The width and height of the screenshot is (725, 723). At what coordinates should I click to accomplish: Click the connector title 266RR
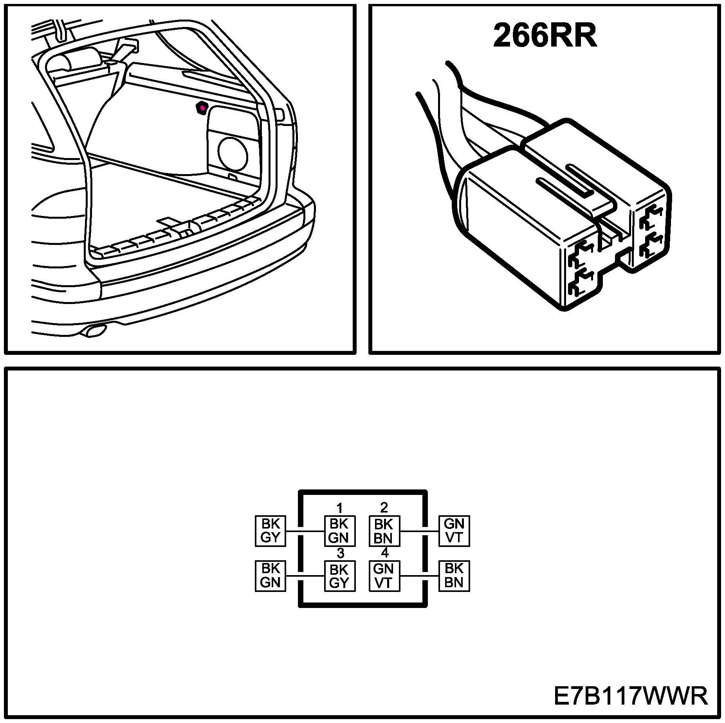(545, 36)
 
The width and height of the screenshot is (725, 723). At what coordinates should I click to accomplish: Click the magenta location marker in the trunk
(202, 107)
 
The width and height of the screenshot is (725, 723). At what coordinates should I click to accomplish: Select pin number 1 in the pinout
(339, 508)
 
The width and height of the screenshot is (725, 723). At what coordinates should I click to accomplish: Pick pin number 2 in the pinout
(384, 507)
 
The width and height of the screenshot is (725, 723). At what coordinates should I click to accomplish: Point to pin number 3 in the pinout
(340, 553)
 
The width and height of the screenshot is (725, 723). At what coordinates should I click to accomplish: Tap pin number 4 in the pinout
(385, 553)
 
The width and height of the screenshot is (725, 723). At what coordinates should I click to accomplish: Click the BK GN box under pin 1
(339, 531)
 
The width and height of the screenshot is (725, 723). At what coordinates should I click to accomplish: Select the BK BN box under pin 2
(384, 531)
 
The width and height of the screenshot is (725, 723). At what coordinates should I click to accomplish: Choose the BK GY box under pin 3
(339, 576)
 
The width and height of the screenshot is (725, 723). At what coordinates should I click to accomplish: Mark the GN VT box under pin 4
(384, 576)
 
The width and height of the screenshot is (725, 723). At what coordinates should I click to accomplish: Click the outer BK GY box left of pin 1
(270, 531)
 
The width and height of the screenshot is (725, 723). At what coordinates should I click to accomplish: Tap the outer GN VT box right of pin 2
(454, 531)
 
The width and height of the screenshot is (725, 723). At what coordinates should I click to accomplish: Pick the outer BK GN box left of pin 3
(270, 576)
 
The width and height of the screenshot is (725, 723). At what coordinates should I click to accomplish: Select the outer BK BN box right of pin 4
(454, 576)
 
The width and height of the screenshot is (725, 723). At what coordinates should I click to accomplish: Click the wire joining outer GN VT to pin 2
(419, 531)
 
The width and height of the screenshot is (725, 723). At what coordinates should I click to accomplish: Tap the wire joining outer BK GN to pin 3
(305, 576)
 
